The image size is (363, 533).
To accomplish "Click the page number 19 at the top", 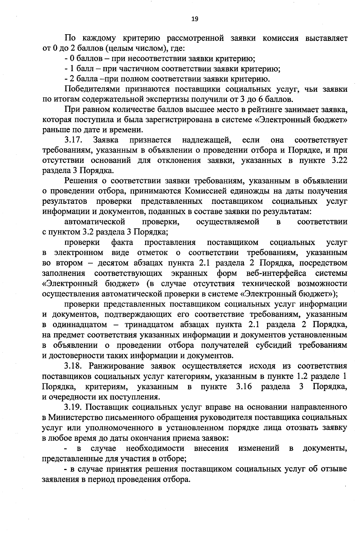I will point(195,19).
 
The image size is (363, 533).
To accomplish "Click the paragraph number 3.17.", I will point(74,140).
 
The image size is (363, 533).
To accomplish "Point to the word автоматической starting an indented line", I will point(95,222).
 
